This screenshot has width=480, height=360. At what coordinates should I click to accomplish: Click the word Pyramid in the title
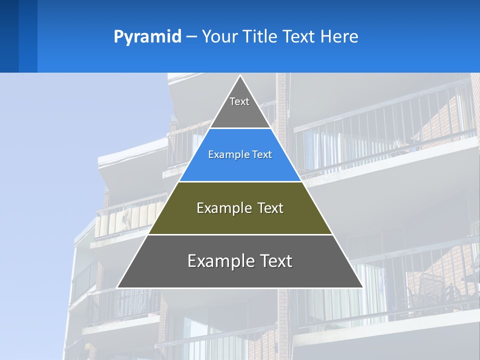pyautogui.click(x=147, y=37)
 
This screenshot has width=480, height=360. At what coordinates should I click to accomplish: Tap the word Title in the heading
pyautogui.click(x=261, y=37)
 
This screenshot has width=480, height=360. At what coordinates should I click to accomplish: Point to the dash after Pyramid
pyautogui.click(x=191, y=37)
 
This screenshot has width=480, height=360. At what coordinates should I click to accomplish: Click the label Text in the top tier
pyautogui.click(x=239, y=101)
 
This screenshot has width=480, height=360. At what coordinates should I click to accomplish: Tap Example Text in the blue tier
pyautogui.click(x=240, y=154)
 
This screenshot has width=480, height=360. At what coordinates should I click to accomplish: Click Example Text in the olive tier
pyautogui.click(x=240, y=208)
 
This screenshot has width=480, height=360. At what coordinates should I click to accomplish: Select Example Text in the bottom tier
pyautogui.click(x=240, y=261)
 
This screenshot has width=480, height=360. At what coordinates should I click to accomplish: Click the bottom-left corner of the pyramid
pyautogui.click(x=118, y=287)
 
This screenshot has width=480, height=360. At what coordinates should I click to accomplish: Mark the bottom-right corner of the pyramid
pyautogui.click(x=362, y=287)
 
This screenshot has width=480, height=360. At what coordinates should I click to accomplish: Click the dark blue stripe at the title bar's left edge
pyautogui.click(x=9, y=36)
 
